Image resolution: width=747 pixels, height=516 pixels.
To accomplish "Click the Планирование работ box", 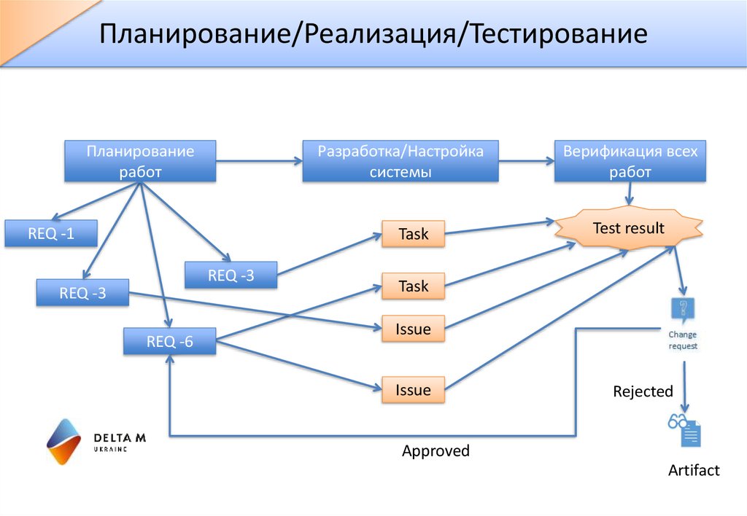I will coord(140,161).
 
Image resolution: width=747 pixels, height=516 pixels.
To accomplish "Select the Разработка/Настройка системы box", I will coord(400,161).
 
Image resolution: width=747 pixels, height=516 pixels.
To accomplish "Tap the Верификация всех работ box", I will coord(630,161).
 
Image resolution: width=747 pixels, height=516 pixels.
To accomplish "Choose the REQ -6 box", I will coord(170,341).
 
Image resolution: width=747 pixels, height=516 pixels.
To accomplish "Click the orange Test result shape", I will coord(629,228).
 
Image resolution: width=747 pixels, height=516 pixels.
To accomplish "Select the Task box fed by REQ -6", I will coord(414,286).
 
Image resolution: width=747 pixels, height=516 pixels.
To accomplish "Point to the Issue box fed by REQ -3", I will coord(414,329).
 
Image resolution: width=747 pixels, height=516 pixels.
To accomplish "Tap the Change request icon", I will coord(683,310).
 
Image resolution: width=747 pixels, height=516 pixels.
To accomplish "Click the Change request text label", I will coord(684,340).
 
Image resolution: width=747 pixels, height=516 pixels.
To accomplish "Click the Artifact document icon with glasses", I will coord(684,429).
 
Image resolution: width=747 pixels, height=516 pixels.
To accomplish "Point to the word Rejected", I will coord(643,391).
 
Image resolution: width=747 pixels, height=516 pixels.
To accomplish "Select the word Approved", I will coord(436,451).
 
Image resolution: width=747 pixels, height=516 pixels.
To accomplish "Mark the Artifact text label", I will coord(694,470).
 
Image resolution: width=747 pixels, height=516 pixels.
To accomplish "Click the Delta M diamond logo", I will coord(63,441).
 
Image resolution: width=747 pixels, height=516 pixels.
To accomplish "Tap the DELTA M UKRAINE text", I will coord(120,442).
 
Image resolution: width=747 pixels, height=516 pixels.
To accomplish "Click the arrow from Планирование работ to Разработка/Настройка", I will coord(259,161).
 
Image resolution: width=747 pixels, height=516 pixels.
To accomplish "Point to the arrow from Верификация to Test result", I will coord(629,194).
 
